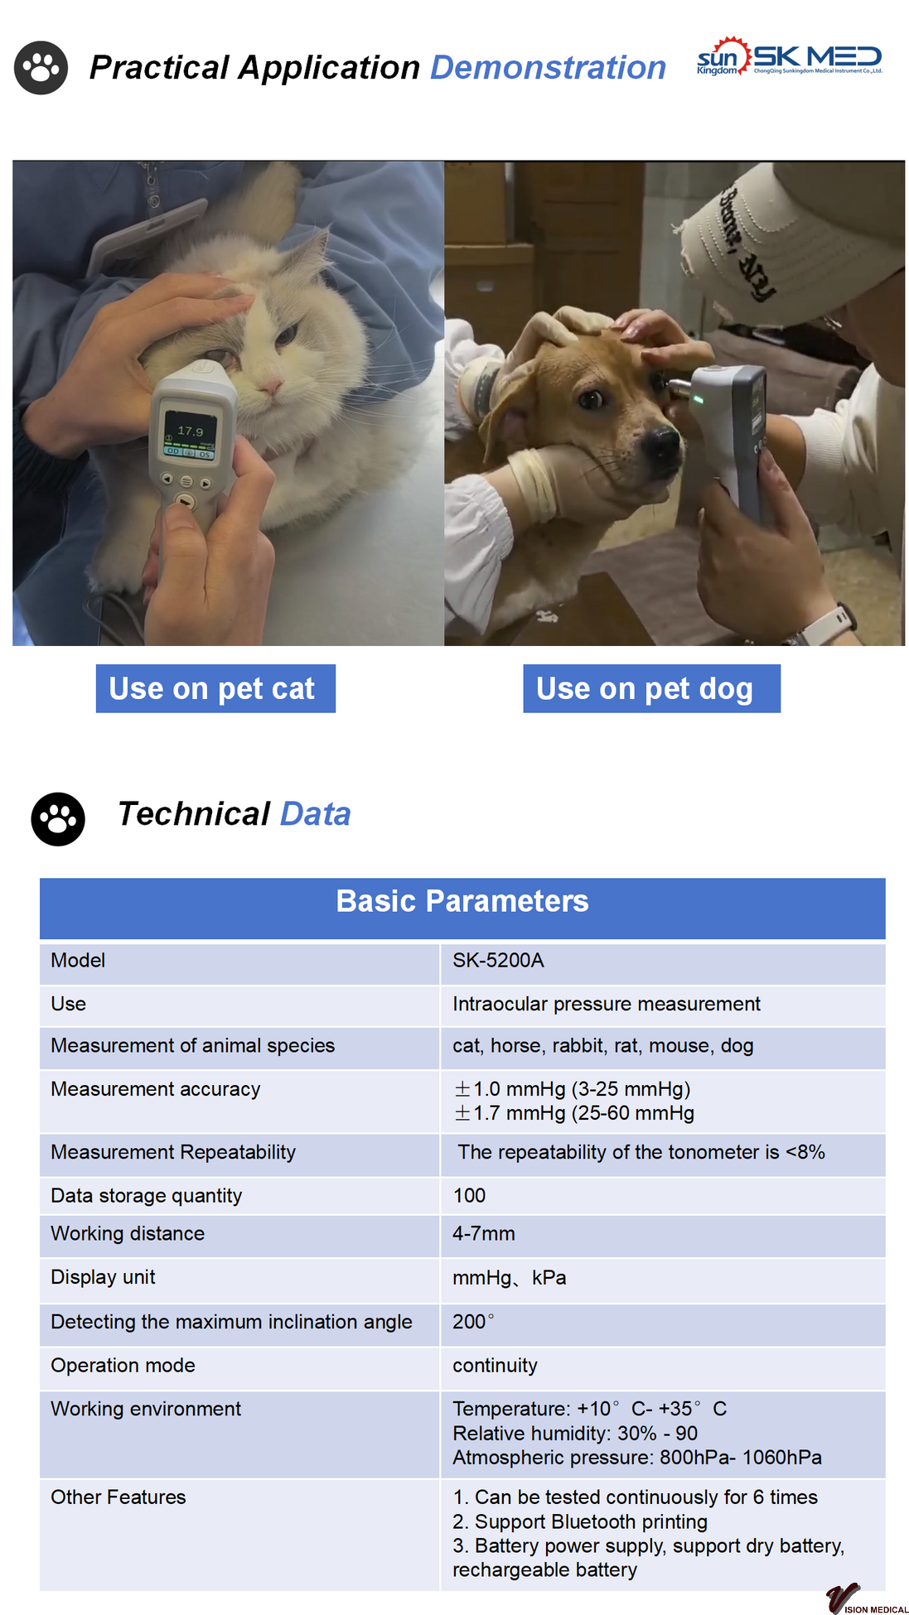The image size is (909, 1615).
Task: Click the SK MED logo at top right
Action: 790,58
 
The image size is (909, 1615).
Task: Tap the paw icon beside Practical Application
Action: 41,67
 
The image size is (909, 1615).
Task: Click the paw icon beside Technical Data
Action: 58,819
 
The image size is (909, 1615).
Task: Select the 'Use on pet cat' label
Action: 215,688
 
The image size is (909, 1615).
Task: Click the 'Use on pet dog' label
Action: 651,688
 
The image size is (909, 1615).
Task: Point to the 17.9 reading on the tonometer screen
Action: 190,431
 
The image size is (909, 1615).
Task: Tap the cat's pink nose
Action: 269,386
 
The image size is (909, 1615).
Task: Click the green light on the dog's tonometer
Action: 698,400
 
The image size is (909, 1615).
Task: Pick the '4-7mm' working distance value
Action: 484,1233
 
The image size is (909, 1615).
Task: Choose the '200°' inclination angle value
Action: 473,1321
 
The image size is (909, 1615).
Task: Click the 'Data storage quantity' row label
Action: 147,1195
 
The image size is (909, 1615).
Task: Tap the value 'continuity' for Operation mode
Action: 495,1365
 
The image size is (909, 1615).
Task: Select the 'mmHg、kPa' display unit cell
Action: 510,1277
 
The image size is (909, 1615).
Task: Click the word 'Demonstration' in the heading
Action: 549,67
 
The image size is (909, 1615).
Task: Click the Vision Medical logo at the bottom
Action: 866,1598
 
